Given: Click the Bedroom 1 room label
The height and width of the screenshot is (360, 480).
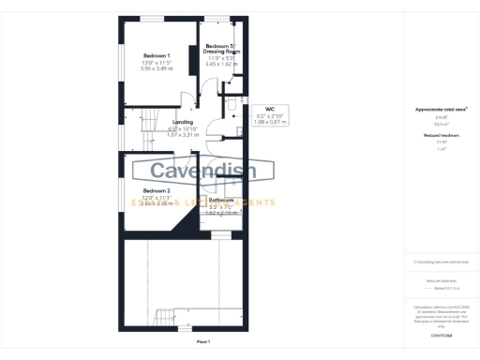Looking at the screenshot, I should [x=143, y=55].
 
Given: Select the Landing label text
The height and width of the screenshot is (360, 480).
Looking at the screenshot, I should [x=183, y=123].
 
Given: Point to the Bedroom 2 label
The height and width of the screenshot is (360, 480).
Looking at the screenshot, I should [x=143, y=190].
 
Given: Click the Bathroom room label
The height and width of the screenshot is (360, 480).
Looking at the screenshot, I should [x=221, y=200].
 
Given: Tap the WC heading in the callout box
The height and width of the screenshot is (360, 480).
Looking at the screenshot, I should [x=269, y=109].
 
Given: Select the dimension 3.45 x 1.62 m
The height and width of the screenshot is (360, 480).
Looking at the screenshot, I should [x=221, y=63].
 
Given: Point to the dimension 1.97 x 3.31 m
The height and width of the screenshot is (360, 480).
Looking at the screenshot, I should [x=183, y=135].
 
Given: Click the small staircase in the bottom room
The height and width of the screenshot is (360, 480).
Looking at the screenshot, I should [x=165, y=318].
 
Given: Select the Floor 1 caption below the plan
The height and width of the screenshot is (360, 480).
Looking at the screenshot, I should [x=202, y=341].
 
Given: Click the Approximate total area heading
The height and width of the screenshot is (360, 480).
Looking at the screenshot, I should [x=441, y=110].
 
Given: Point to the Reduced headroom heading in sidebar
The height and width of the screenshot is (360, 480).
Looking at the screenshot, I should [x=441, y=136].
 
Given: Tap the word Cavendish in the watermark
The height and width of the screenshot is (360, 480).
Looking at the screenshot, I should [x=204, y=172].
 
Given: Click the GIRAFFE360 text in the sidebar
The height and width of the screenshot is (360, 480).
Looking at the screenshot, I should [x=441, y=335].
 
